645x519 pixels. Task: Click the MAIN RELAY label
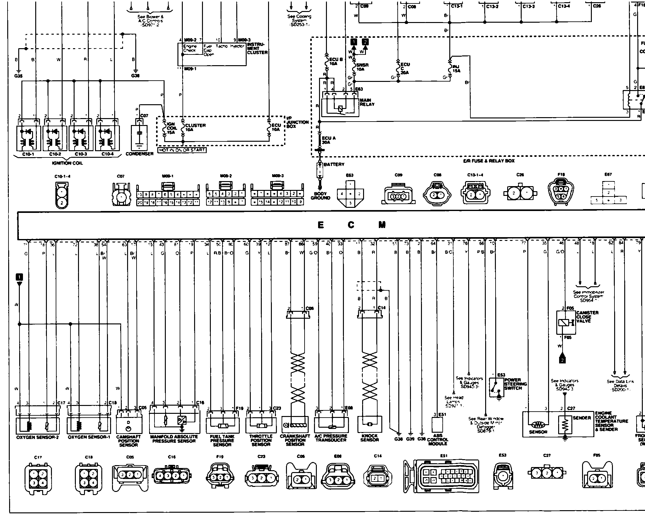tap(367, 102)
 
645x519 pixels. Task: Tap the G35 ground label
tap(19, 76)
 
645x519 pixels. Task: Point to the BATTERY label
tap(334, 164)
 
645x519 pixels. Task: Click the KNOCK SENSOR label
tap(370, 438)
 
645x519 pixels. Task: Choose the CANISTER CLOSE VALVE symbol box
tap(566, 322)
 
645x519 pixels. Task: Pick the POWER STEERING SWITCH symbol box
tap(496, 387)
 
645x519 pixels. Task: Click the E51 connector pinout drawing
tap(441, 476)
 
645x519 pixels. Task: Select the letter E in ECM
tap(321, 225)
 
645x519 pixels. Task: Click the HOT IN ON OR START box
tap(182, 150)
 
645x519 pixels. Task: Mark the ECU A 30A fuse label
tap(328, 140)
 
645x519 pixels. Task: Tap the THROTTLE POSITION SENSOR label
tap(261, 440)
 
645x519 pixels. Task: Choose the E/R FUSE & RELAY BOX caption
tap(489, 161)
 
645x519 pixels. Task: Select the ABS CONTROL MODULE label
tap(438, 440)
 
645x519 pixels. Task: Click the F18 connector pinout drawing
tap(561, 192)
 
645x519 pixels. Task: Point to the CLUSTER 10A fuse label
tap(195, 127)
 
